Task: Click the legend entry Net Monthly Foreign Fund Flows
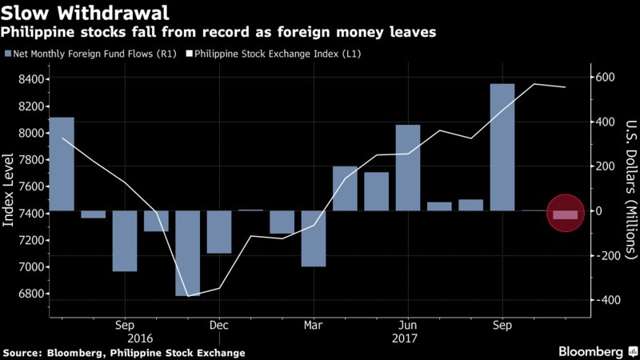coord(88,54)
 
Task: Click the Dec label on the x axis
coord(218,326)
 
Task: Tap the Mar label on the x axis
coord(313,326)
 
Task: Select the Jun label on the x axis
coord(407,326)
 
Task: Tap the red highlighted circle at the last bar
coord(565,214)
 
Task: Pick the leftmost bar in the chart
coord(62,164)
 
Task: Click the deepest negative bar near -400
coord(187,253)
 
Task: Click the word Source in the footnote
coord(22,353)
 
